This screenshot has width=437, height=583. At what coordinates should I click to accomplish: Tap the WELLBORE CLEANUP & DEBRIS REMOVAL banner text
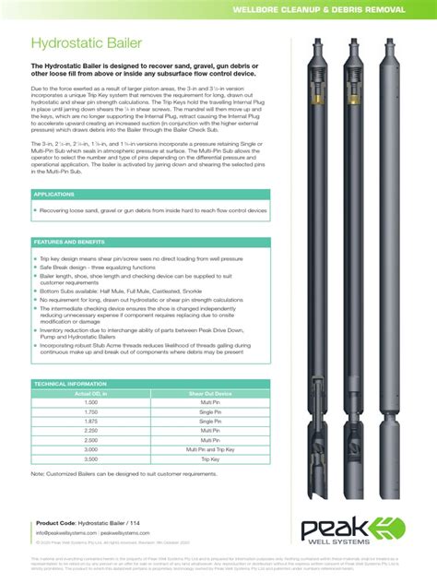(x=318, y=8)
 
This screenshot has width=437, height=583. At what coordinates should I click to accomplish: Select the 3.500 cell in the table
(x=91, y=458)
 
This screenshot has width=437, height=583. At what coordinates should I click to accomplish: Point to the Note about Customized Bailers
(x=129, y=474)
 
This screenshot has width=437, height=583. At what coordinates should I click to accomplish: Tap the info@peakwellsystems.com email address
(x=66, y=532)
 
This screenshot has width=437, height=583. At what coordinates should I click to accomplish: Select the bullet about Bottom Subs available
(x=124, y=291)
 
